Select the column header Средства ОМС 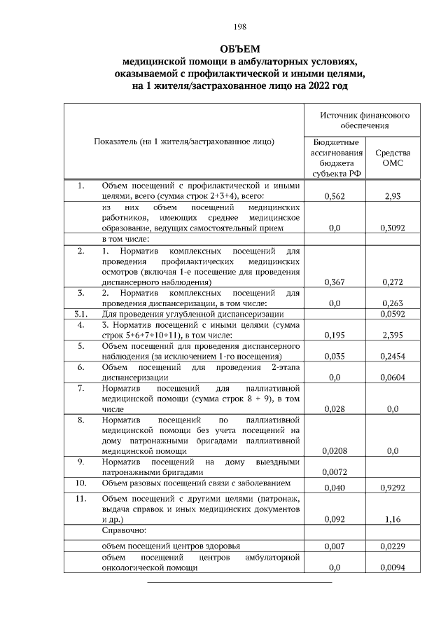[392, 158]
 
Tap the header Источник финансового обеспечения [365, 120]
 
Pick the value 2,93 [392, 198]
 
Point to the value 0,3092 [392, 228]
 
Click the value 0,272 [392, 282]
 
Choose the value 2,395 [392, 336]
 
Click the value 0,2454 [392, 356]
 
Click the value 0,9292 [392, 487]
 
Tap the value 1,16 [392, 520]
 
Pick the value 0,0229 [392, 545]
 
